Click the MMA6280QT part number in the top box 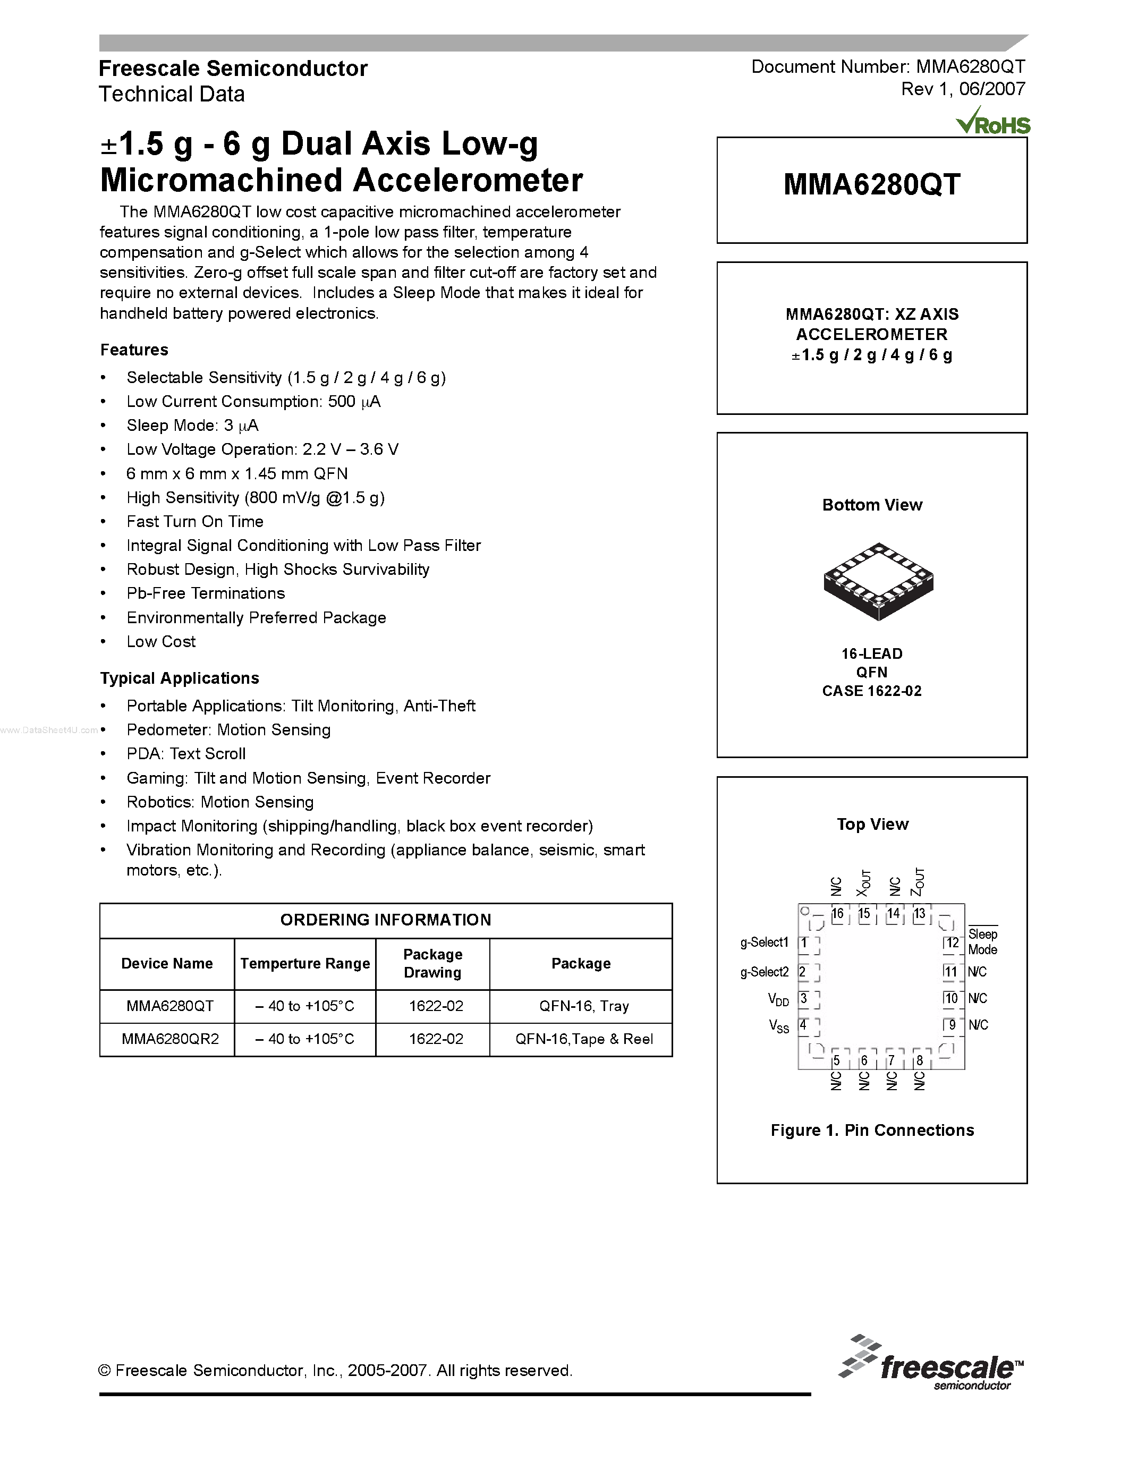click(871, 185)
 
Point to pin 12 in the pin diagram click(952, 942)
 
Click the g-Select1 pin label click(765, 942)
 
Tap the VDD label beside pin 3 click(778, 999)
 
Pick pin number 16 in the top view click(837, 914)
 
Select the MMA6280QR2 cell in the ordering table click(170, 1039)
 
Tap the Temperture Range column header click(305, 963)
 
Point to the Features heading click(134, 350)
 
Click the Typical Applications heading click(179, 678)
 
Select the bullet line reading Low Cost click(161, 642)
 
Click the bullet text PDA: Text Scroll click(186, 754)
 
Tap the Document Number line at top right click(888, 67)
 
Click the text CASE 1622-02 click(871, 691)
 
